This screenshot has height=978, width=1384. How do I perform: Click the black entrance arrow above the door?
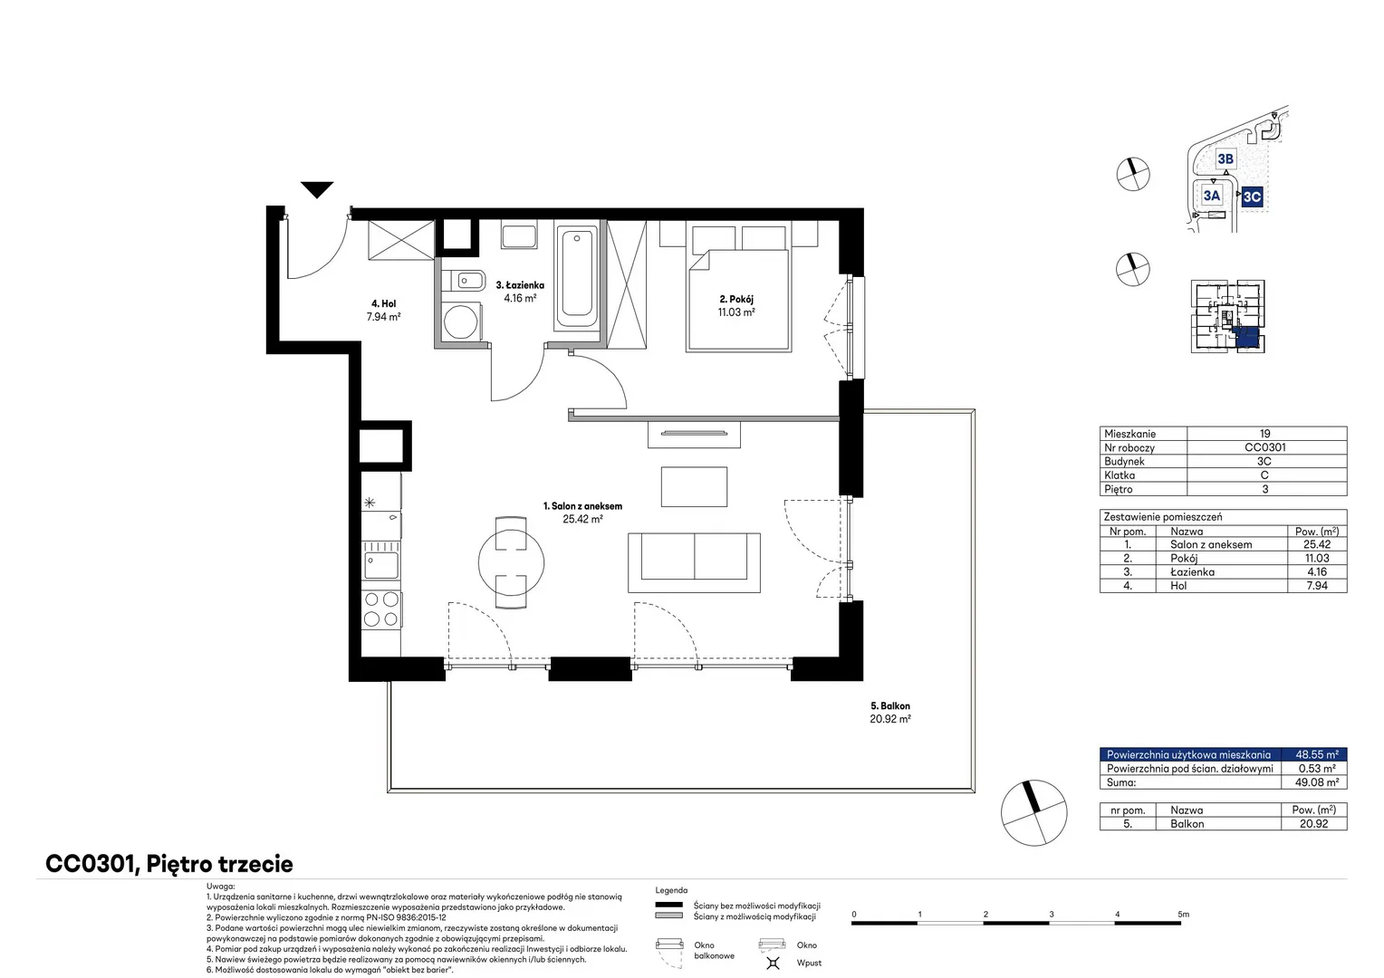(x=317, y=189)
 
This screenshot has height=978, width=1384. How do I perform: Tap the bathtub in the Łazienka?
(x=576, y=279)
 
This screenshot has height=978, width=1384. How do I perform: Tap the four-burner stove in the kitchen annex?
(x=381, y=609)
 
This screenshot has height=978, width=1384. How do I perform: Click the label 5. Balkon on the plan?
(x=889, y=705)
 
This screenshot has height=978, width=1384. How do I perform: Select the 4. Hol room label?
(x=384, y=303)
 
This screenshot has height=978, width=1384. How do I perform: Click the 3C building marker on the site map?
(x=1252, y=197)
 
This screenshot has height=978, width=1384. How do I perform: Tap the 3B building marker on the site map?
(x=1225, y=158)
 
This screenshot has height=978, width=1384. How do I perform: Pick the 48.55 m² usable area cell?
(x=1317, y=754)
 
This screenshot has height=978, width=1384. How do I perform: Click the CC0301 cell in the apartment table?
(x=1264, y=447)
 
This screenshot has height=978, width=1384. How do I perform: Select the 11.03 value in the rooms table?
(x=1317, y=558)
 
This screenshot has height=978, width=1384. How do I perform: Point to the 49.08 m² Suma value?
(x=1317, y=782)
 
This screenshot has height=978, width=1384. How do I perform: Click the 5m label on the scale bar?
(x=1183, y=914)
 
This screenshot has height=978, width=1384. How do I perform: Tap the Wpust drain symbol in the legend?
(x=773, y=963)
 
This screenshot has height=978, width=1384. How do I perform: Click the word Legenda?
(x=671, y=890)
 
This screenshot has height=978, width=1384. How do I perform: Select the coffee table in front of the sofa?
(x=694, y=487)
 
